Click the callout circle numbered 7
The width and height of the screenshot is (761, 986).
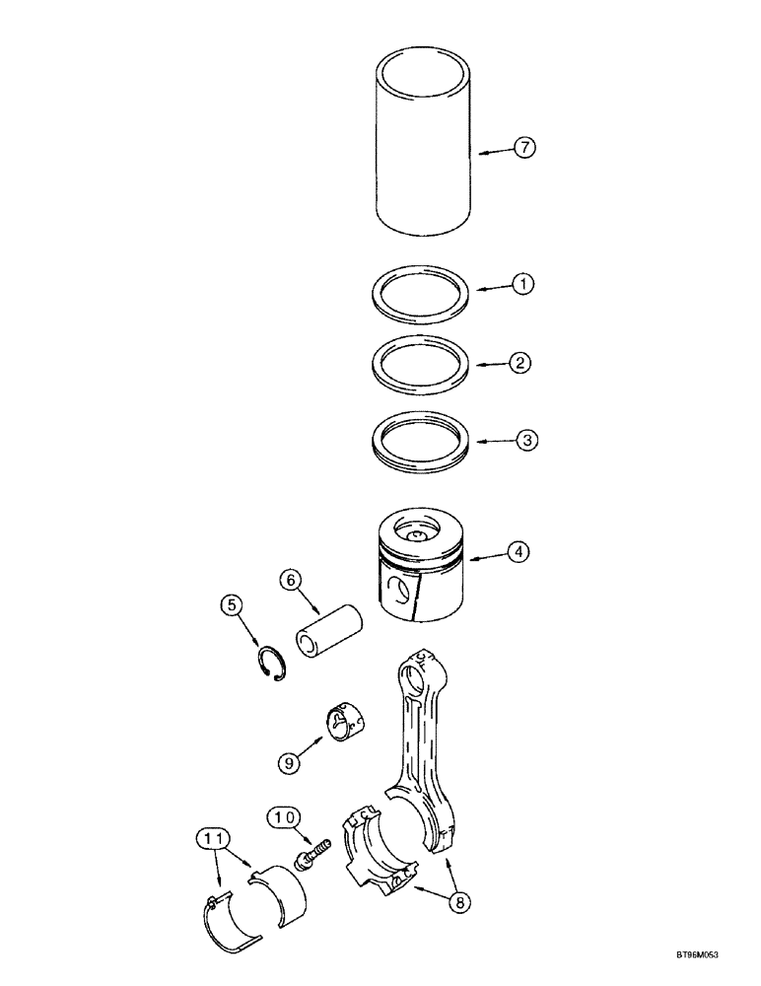tap(524, 148)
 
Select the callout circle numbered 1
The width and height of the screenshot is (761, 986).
tap(522, 284)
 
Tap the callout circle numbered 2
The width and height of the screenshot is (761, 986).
tap(522, 363)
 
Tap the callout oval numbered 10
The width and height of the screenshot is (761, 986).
tap(284, 816)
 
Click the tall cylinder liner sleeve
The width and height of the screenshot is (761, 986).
tap(425, 148)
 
